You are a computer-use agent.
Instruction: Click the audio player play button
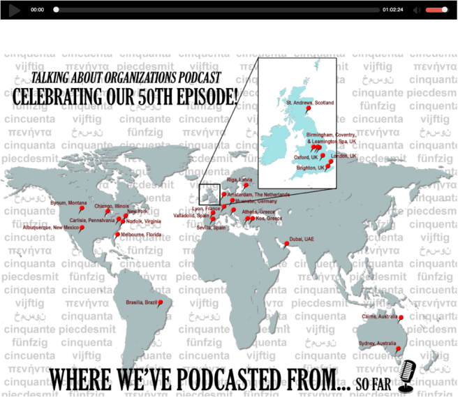click(13, 10)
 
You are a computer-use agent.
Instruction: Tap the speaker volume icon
click(416, 10)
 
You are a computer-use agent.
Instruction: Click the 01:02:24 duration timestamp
click(392, 10)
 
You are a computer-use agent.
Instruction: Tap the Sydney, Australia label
click(377, 344)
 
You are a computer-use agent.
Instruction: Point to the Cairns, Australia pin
click(401, 318)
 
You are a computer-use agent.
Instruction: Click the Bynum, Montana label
click(68, 203)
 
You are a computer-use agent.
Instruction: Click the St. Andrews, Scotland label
click(310, 103)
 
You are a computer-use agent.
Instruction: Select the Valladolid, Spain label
click(191, 216)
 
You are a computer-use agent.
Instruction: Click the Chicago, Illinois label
click(113, 206)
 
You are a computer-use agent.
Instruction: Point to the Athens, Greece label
click(258, 212)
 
